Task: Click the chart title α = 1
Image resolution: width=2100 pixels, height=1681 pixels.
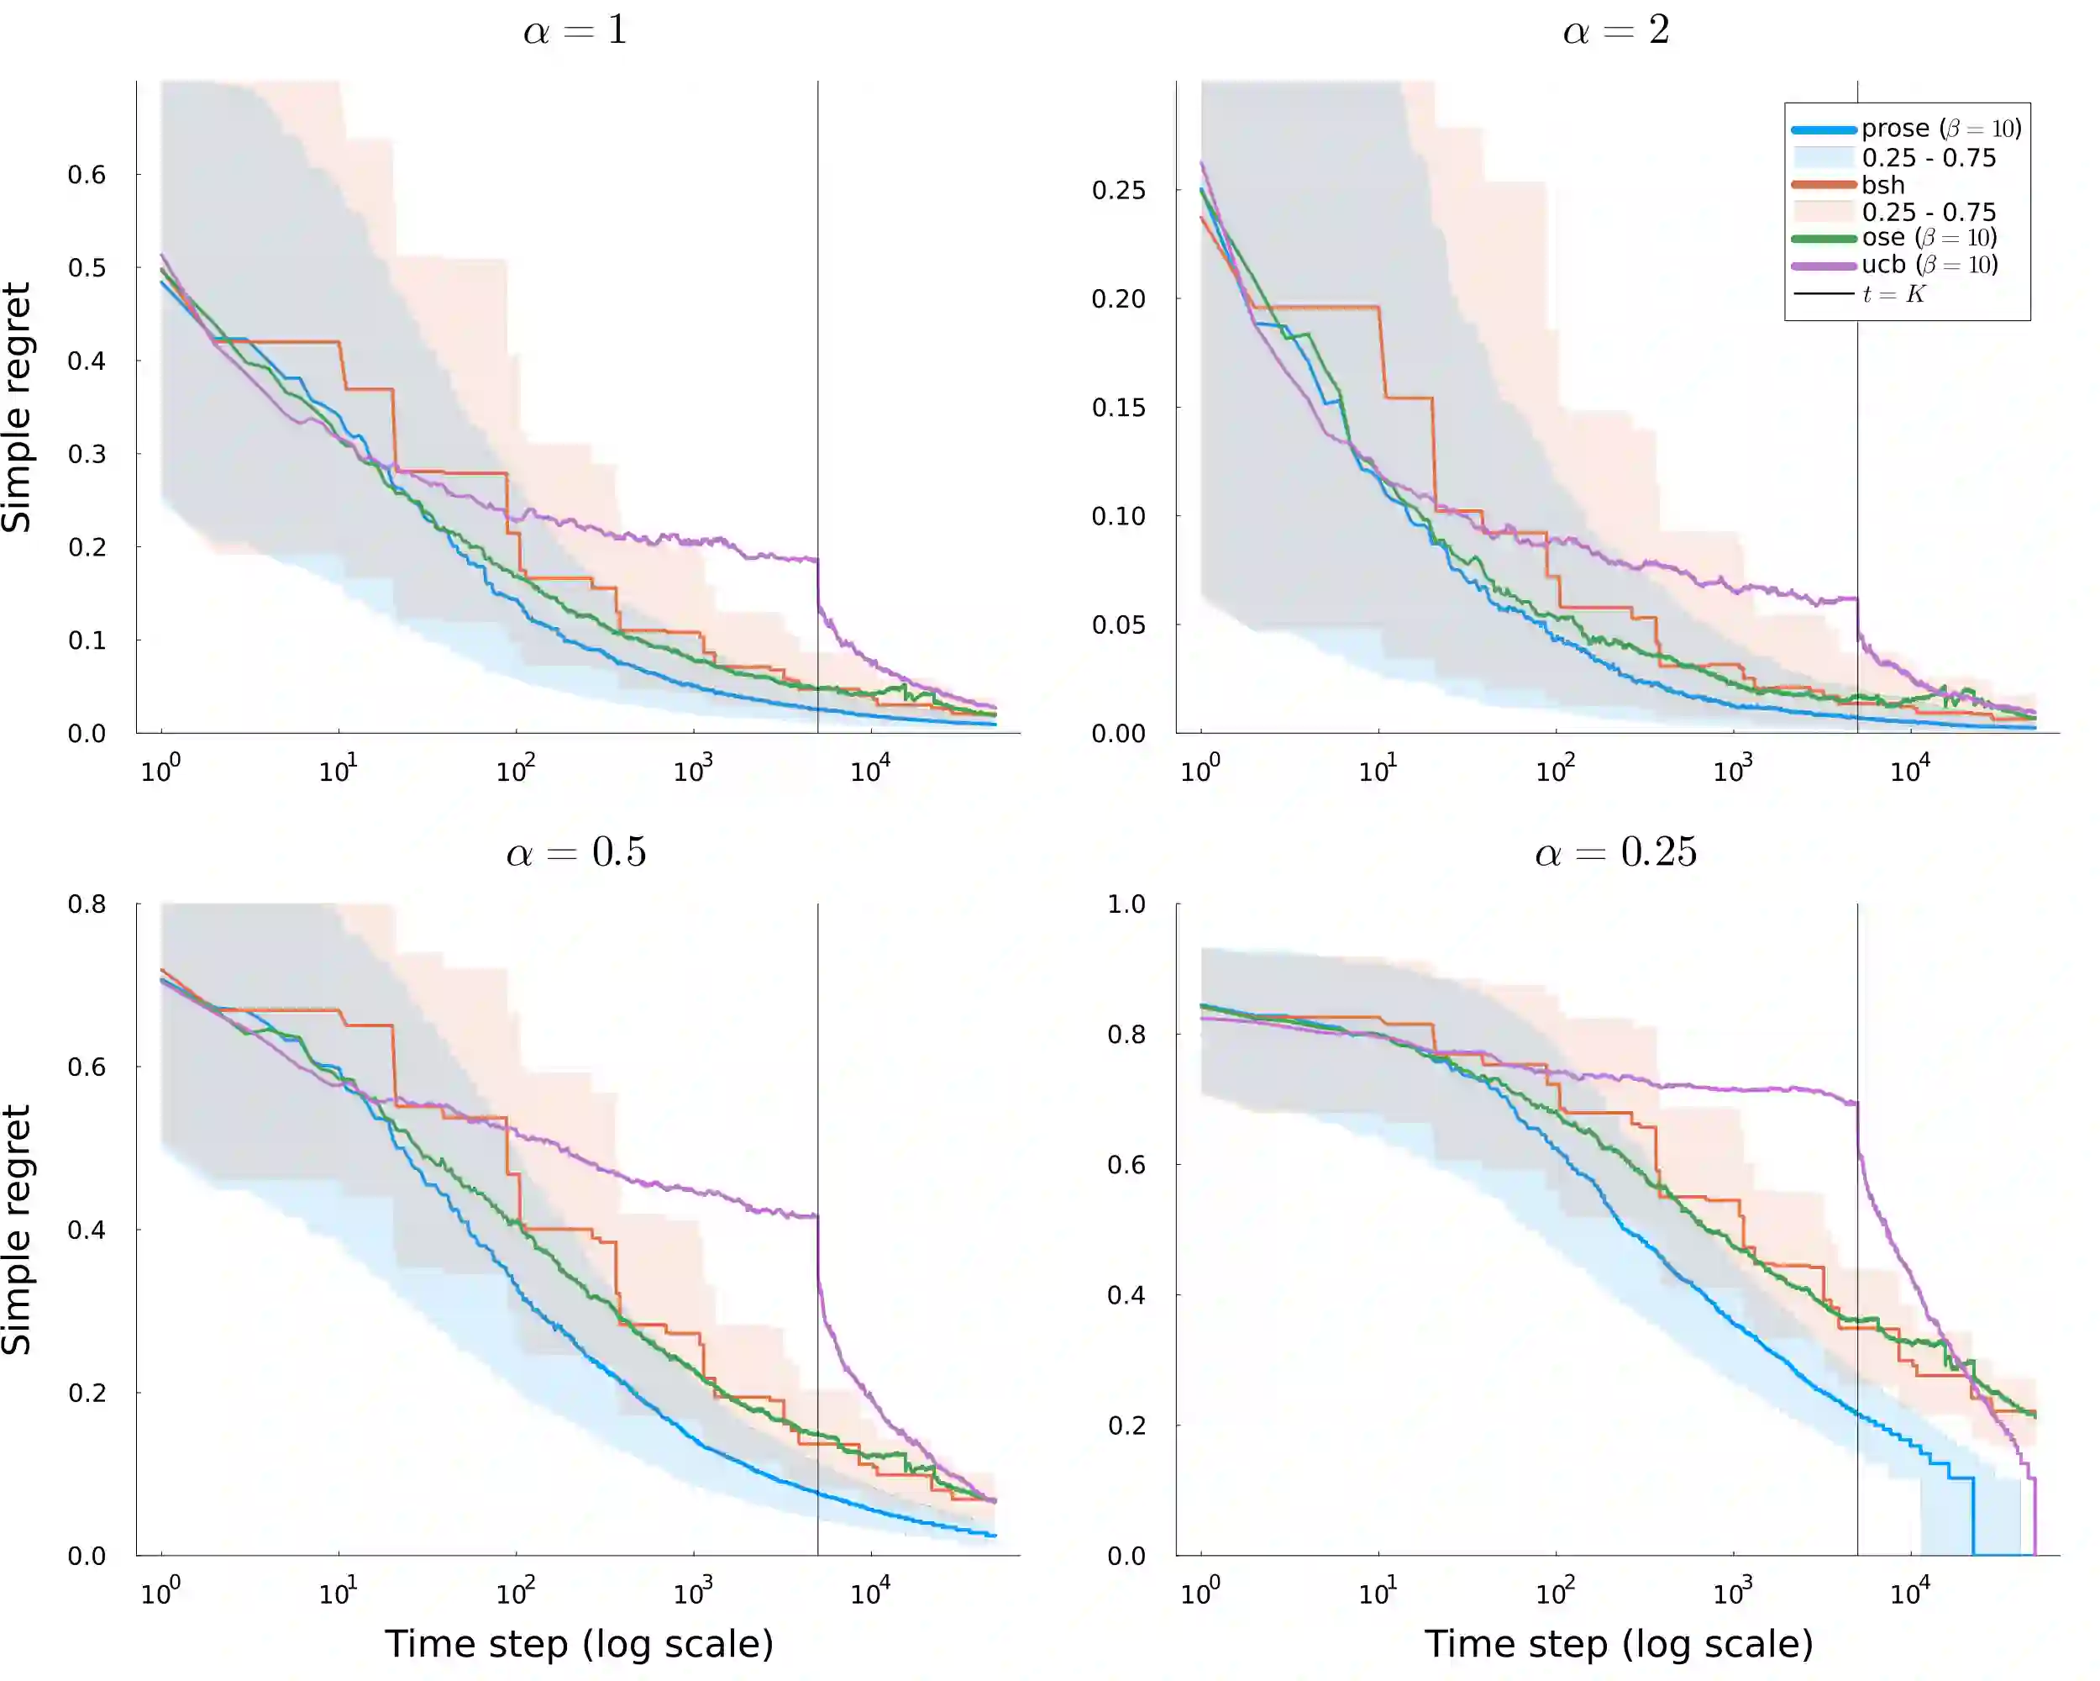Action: (575, 31)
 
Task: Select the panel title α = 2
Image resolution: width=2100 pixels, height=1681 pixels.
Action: (1616, 31)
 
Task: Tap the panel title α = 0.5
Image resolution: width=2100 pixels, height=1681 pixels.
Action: (575, 852)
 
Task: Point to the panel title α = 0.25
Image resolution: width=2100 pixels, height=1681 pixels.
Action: (1616, 852)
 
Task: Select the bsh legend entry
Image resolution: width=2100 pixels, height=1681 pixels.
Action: (1882, 185)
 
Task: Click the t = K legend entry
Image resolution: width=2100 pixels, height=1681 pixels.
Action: (1893, 294)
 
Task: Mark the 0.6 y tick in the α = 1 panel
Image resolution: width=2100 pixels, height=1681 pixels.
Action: (87, 176)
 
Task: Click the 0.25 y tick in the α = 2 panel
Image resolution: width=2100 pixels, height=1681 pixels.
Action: (1118, 190)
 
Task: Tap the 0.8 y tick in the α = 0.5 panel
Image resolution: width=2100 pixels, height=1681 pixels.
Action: (87, 904)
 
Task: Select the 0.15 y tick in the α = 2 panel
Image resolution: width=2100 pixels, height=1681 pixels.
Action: (1118, 408)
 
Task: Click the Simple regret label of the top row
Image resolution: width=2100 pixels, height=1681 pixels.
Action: (18, 408)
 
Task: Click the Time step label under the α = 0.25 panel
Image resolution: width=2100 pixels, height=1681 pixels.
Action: (1618, 1644)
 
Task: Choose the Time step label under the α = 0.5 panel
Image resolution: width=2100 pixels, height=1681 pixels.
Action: (579, 1644)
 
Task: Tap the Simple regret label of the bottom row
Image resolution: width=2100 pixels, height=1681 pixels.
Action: (18, 1230)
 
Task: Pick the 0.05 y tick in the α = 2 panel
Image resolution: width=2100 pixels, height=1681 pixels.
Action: (1118, 624)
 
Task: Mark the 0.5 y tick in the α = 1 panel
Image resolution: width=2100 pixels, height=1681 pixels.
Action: (87, 268)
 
